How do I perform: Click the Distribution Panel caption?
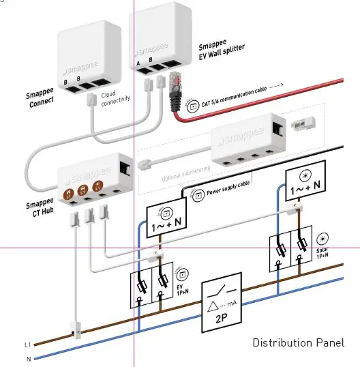tap(298, 342)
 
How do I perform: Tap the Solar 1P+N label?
tap(322, 254)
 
